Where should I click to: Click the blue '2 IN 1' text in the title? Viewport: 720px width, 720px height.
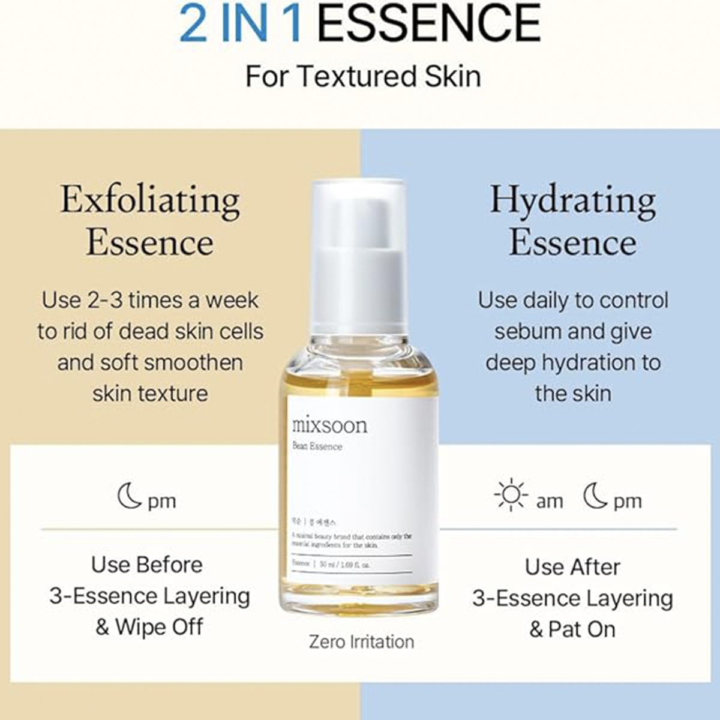(x=241, y=24)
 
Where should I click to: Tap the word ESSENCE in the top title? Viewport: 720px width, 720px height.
(x=429, y=24)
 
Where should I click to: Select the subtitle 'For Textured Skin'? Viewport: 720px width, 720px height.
(x=363, y=77)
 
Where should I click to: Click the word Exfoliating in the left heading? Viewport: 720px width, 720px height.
(x=150, y=201)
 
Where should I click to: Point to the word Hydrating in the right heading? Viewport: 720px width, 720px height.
(x=572, y=201)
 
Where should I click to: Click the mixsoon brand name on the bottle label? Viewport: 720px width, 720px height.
(x=329, y=425)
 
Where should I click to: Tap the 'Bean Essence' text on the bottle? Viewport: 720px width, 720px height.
(x=317, y=446)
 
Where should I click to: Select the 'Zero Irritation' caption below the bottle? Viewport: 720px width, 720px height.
(x=361, y=641)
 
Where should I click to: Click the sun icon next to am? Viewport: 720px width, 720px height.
(x=511, y=494)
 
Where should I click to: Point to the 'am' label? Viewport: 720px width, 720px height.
(x=550, y=501)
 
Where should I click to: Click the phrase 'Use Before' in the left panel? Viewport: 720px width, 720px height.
(x=147, y=565)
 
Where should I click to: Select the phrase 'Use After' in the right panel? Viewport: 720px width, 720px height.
(x=572, y=567)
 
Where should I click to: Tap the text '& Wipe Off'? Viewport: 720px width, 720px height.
(x=149, y=627)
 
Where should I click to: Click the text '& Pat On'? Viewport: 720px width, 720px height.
(x=572, y=629)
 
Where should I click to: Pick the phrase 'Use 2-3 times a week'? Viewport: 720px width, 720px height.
(x=150, y=300)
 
